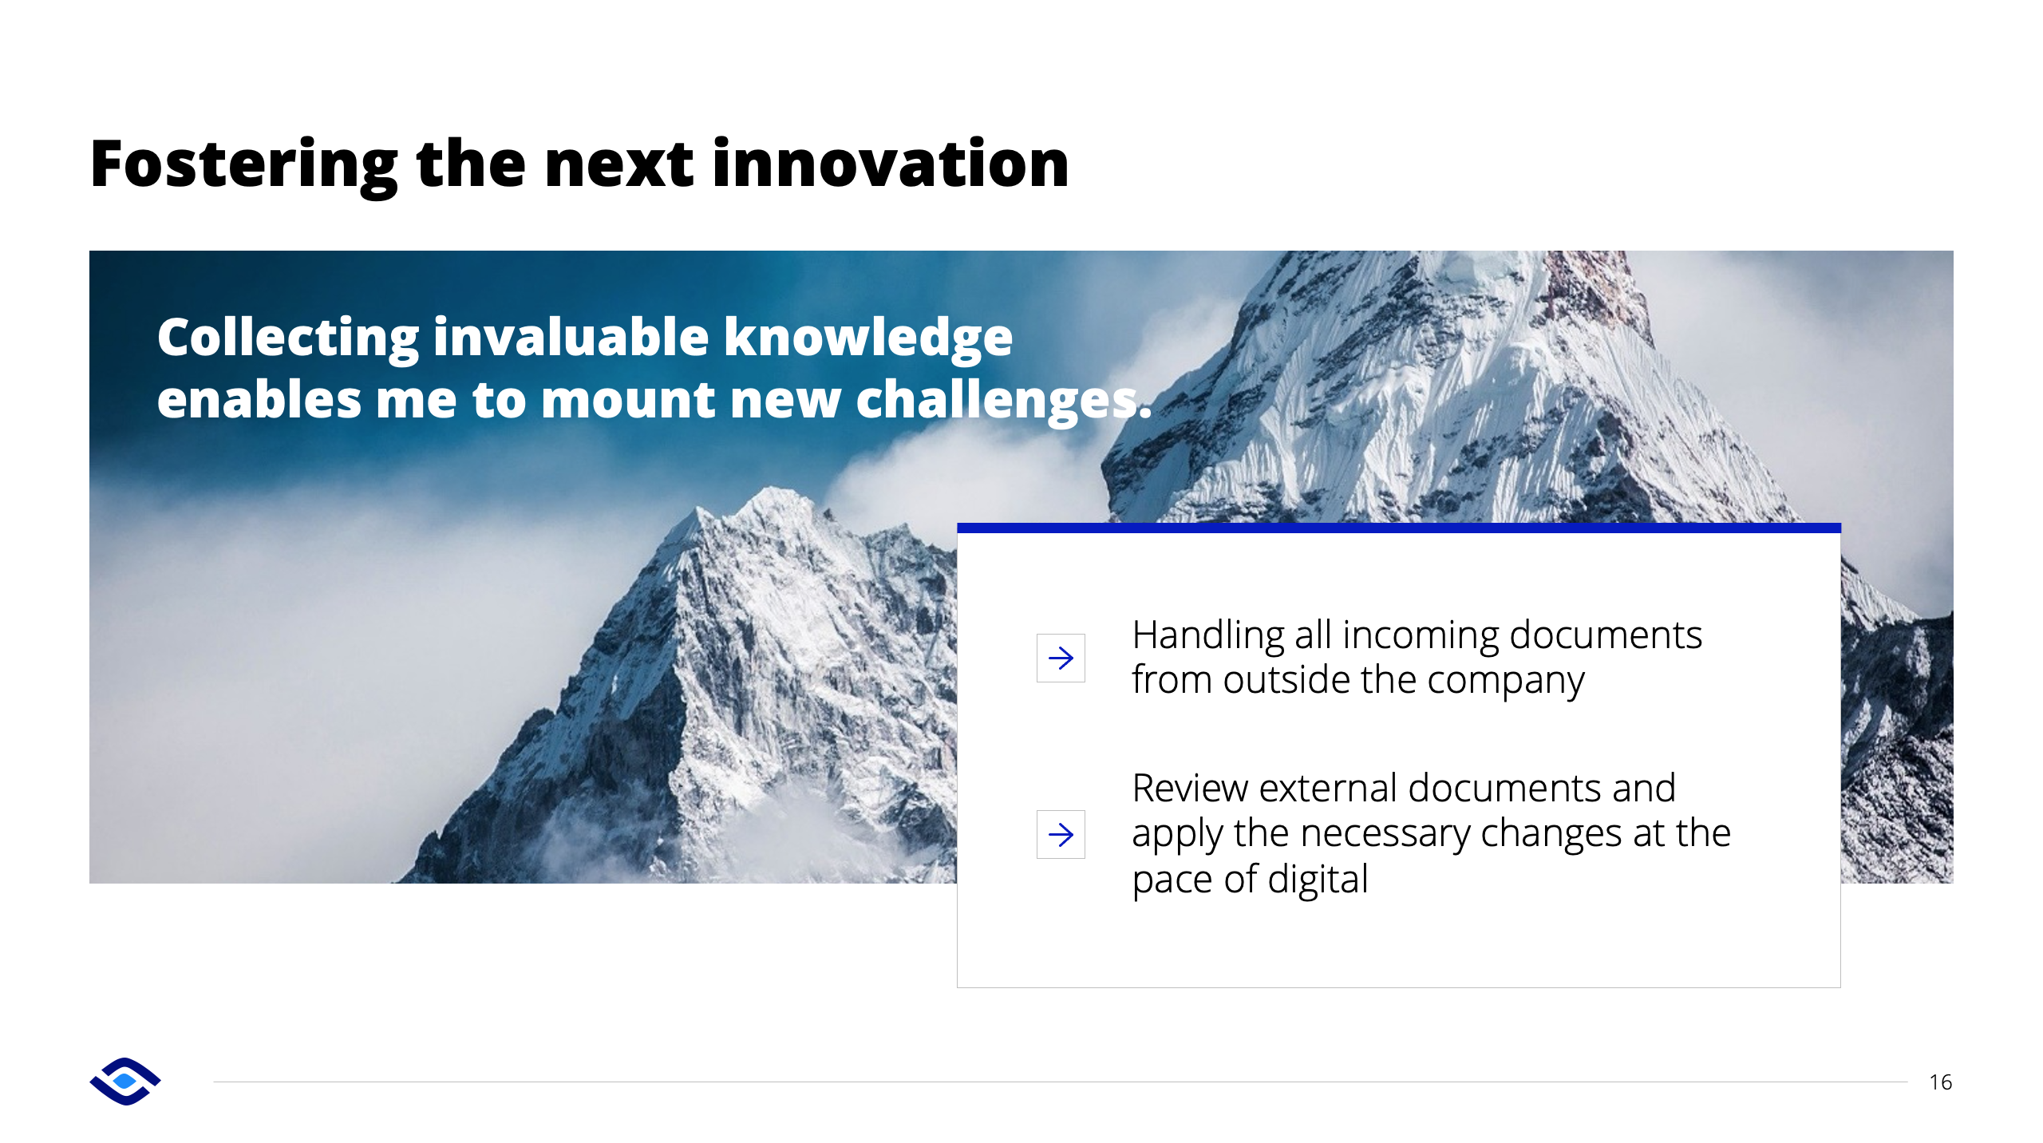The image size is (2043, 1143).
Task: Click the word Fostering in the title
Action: [244, 165]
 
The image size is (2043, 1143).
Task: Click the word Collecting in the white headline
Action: [288, 338]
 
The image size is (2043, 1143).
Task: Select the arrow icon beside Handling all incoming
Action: [1061, 659]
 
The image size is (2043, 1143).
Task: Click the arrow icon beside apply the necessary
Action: [1061, 835]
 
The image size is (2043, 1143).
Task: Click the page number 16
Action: [1940, 1082]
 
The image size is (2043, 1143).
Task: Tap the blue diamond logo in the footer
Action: [125, 1082]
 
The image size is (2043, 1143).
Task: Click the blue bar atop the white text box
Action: [1398, 528]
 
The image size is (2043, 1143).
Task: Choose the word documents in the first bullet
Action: [1606, 636]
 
